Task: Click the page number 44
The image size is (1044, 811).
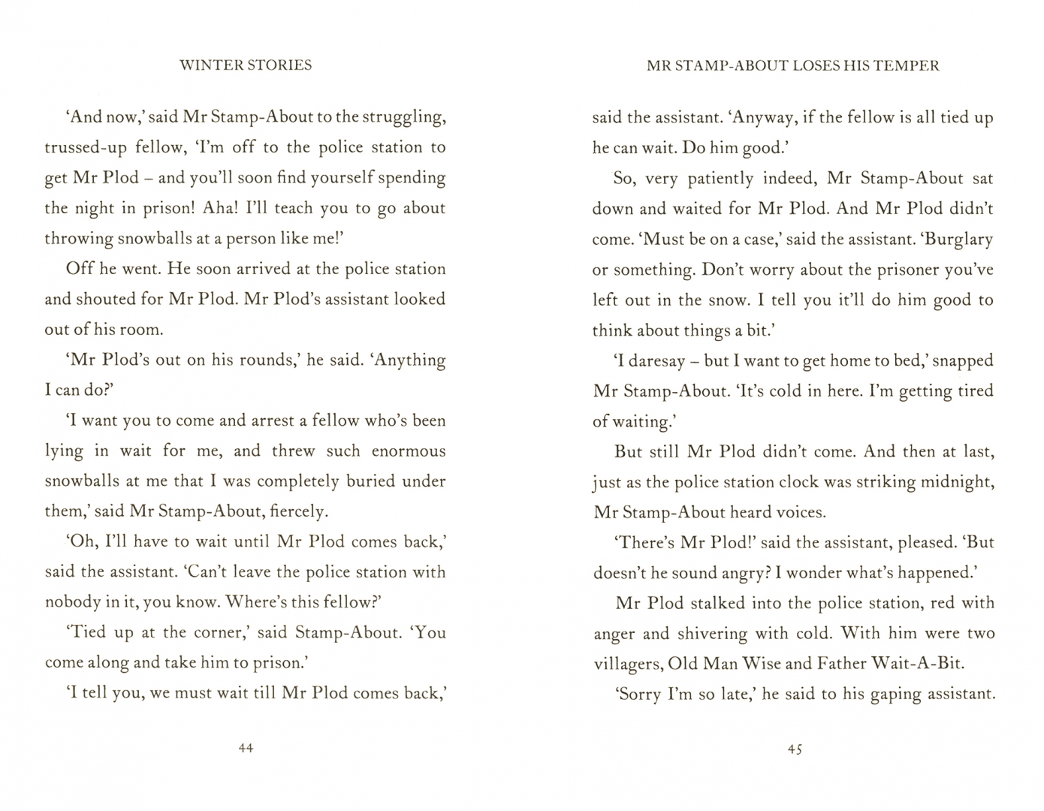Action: click(246, 748)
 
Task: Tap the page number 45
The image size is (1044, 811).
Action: click(795, 749)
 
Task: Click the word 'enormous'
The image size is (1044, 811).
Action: click(409, 451)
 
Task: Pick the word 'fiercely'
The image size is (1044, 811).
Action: click(299, 512)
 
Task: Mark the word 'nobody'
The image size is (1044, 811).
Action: click(71, 602)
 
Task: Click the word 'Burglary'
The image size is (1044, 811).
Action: click(958, 240)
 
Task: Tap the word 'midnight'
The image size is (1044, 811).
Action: click(958, 481)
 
